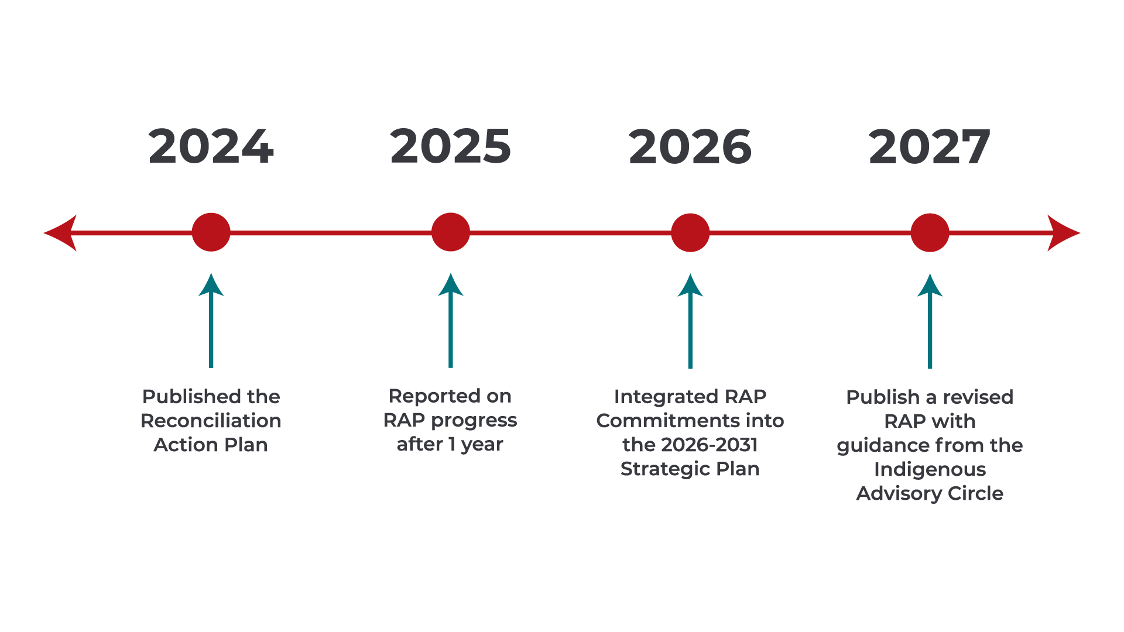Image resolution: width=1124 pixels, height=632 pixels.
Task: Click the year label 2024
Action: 211,146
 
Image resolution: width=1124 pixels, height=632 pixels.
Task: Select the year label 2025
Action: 451,146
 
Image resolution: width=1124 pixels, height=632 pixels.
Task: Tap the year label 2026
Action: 690,146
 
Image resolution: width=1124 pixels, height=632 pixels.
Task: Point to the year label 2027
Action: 930,146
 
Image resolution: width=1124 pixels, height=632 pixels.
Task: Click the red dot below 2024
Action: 211,232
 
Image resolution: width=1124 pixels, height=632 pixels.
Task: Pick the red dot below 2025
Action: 451,232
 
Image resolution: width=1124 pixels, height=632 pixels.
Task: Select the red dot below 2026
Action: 690,232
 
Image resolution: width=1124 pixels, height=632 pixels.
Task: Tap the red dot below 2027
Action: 930,232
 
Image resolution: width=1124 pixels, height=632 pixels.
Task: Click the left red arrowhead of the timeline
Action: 60,233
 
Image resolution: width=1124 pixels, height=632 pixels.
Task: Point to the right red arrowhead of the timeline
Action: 1064,233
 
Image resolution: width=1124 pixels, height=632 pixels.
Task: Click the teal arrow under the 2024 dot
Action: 211,320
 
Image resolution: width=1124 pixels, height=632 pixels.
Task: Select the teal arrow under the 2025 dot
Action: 451,320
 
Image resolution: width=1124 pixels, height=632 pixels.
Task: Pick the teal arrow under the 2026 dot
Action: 690,321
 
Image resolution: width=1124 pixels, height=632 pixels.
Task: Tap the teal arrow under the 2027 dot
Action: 930,321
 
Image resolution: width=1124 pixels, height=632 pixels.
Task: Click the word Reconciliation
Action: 211,421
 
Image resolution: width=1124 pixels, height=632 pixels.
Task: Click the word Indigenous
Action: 930,470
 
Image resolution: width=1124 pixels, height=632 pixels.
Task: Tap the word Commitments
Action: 659,421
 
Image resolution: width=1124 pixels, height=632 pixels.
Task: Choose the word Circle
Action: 975,493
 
